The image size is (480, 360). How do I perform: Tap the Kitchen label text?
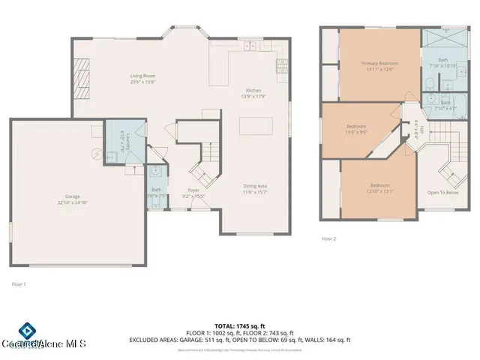[x=253, y=93]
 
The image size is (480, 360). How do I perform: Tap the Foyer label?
[x=193, y=193]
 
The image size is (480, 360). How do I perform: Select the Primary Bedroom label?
[x=379, y=66]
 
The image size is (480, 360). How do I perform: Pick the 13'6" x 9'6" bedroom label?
[x=355, y=129]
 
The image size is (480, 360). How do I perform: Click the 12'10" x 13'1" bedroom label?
[x=379, y=187]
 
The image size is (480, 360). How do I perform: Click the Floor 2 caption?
[x=328, y=238]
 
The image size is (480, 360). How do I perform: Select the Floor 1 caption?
[x=19, y=284]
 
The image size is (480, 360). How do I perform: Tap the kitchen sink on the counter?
[x=249, y=46]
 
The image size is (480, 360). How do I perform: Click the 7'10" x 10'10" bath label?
[x=442, y=63]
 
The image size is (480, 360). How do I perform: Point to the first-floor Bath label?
[x=156, y=193]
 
